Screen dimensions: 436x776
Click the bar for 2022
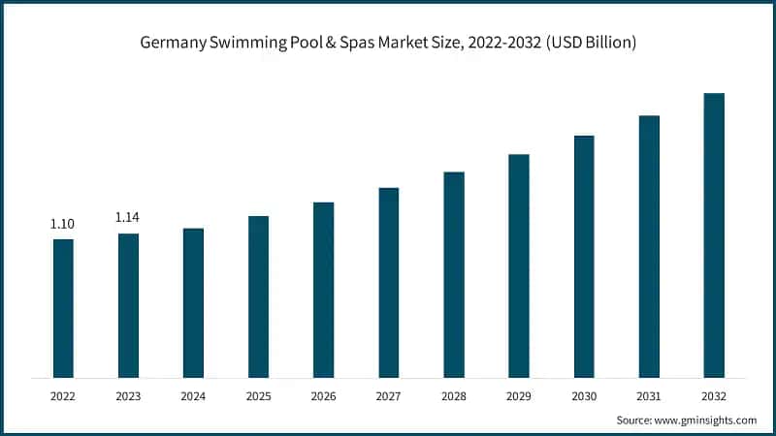(x=63, y=308)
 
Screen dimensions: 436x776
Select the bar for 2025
(x=258, y=296)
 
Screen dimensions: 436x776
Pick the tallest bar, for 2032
(x=714, y=235)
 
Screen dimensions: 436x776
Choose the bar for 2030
(x=584, y=256)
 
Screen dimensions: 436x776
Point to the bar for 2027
(x=389, y=282)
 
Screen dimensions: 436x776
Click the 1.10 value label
(x=62, y=224)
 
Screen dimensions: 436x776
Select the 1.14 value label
(x=128, y=218)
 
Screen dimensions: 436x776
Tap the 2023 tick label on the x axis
(x=128, y=396)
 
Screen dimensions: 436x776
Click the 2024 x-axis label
(x=193, y=396)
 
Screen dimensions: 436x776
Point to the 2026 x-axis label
(x=323, y=396)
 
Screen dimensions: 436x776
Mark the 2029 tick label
(x=519, y=396)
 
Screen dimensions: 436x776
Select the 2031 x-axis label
(x=649, y=396)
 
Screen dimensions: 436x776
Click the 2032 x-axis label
(x=714, y=396)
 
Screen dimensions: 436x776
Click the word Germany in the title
(x=172, y=45)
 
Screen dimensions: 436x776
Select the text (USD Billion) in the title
(x=588, y=45)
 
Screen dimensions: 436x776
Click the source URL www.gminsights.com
(x=703, y=420)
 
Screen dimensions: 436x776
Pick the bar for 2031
(x=649, y=246)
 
